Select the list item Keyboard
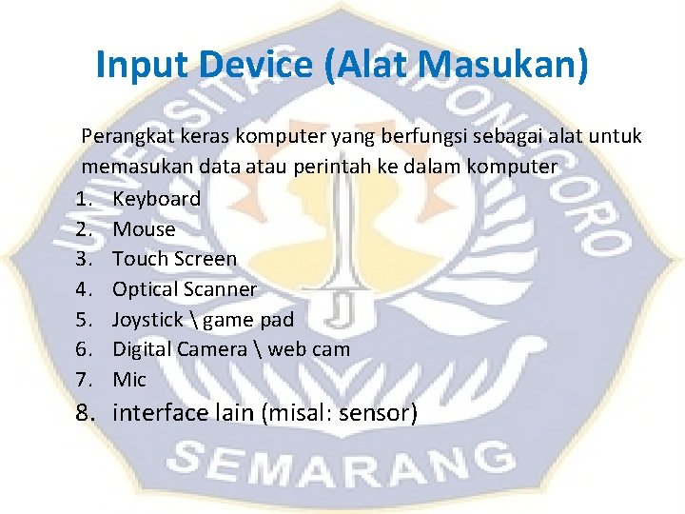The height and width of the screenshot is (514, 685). tap(156, 199)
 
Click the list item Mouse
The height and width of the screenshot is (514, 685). tap(144, 229)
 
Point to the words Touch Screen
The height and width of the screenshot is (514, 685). tap(174, 259)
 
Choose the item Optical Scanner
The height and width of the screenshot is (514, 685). tap(185, 289)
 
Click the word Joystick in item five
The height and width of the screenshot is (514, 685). tap(147, 319)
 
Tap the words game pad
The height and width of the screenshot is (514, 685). tap(248, 320)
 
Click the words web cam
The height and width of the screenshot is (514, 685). tap(308, 349)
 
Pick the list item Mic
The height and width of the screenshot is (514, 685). tap(129, 380)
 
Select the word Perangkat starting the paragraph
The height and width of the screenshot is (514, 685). tap(121, 137)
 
